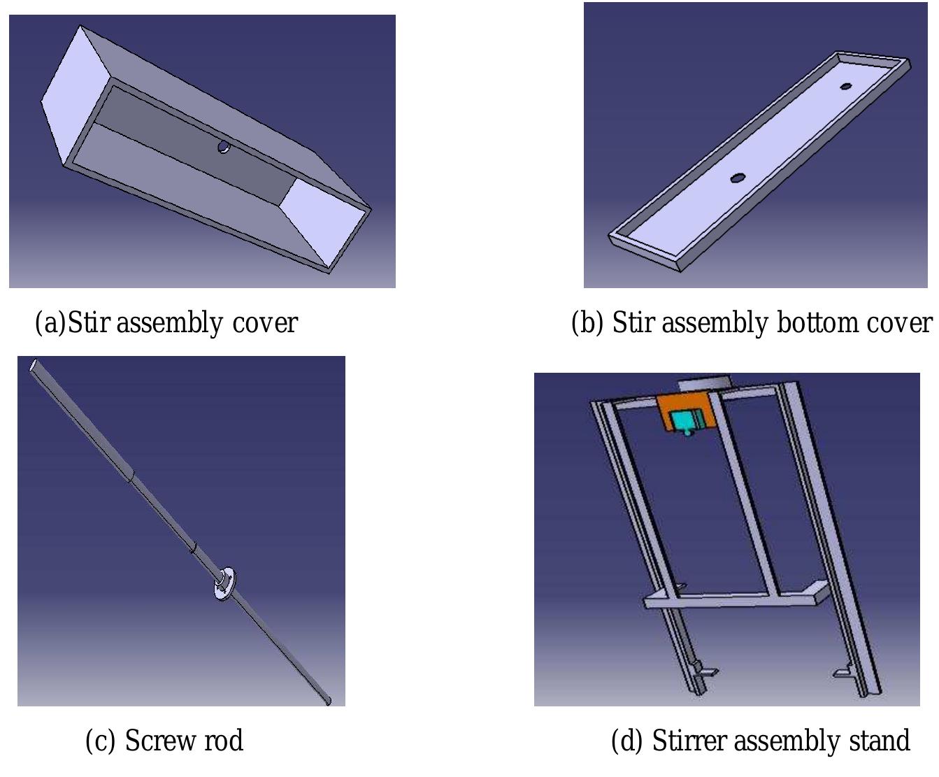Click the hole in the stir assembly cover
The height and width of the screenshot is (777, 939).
(223, 147)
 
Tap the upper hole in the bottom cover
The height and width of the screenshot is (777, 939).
(846, 87)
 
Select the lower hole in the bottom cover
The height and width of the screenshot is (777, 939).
(736, 178)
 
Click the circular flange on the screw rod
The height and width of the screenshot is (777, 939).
(224, 583)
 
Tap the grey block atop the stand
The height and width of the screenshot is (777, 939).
(703, 383)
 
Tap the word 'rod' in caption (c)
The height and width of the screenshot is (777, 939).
(223, 741)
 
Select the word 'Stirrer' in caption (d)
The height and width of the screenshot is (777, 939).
(689, 741)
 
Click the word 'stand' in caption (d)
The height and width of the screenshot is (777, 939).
(879, 741)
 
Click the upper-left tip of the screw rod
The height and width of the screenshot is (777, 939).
(34, 365)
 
